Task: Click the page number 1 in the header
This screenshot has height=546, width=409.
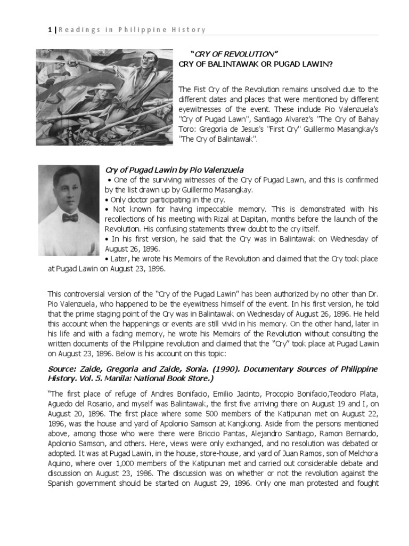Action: click(x=49, y=29)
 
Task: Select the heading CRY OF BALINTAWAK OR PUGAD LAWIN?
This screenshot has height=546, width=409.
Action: click(x=256, y=64)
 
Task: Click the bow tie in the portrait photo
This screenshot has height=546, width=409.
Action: click(x=69, y=218)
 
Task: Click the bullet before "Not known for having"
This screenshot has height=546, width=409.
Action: click(x=108, y=210)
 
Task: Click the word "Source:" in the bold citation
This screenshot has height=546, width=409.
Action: click(x=63, y=370)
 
